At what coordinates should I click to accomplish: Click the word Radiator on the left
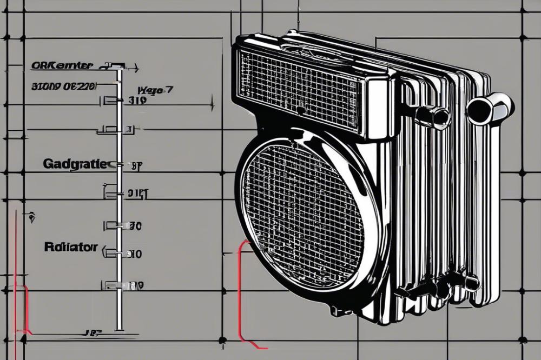coord(71,247)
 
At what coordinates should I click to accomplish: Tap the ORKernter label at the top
coord(62,66)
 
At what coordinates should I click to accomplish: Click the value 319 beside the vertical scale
coord(138,100)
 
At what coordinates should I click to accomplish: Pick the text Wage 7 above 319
coord(155,90)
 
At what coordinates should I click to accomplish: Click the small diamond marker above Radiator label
coord(32,218)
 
